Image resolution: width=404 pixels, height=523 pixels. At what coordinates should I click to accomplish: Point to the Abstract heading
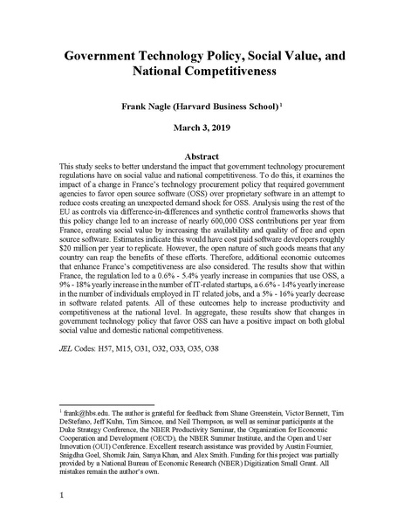tap(202, 155)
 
